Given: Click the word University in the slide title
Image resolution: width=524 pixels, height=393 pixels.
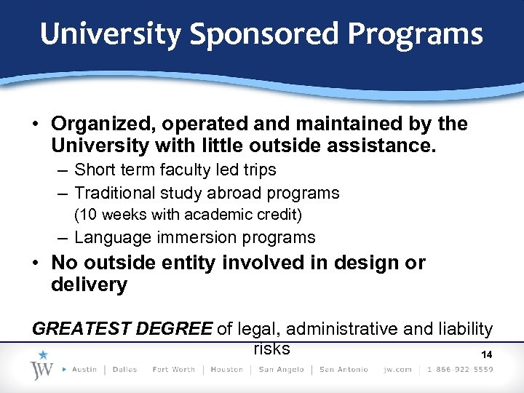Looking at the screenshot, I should tap(110, 34).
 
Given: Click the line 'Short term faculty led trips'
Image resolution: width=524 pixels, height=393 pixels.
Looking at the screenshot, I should tap(175, 170).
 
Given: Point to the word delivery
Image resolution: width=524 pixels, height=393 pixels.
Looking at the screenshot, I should tap(89, 285).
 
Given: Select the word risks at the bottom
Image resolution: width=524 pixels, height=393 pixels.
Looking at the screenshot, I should tap(271, 348).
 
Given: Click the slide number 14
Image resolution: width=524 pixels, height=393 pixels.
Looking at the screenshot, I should tap(487, 354).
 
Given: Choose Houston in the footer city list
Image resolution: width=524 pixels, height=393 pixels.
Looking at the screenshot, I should tap(226, 369).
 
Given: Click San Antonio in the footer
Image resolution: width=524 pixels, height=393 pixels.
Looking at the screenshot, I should tap(344, 369).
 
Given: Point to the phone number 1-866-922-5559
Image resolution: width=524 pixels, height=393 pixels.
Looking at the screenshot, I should tap(461, 369).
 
